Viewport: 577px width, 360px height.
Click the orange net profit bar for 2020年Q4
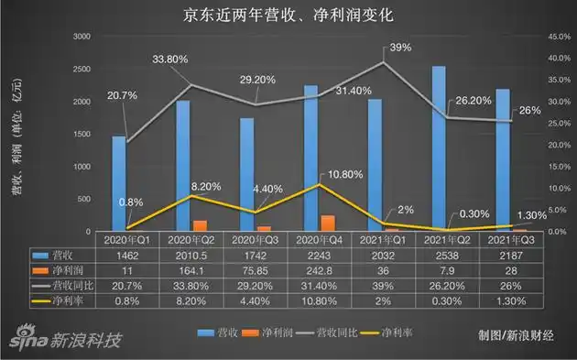[328, 222]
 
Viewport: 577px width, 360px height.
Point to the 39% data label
[400, 47]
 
